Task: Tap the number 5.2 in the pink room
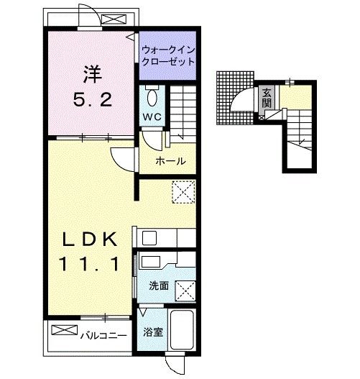(x=93, y=99)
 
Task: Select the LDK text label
(x=90, y=239)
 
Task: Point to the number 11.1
(x=89, y=264)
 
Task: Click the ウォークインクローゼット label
(x=168, y=56)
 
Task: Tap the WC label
(x=152, y=117)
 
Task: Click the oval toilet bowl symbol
(x=152, y=98)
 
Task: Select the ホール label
(x=170, y=161)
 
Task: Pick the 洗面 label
(x=159, y=286)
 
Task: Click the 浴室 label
(x=153, y=332)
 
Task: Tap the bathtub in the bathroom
(x=182, y=329)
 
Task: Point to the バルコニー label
(x=103, y=336)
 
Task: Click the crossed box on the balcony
(x=65, y=330)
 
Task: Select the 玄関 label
(x=267, y=98)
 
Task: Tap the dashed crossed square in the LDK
(x=183, y=192)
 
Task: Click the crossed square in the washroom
(x=185, y=291)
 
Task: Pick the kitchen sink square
(x=149, y=238)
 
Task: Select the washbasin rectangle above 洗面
(x=151, y=262)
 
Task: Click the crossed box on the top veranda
(x=114, y=19)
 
